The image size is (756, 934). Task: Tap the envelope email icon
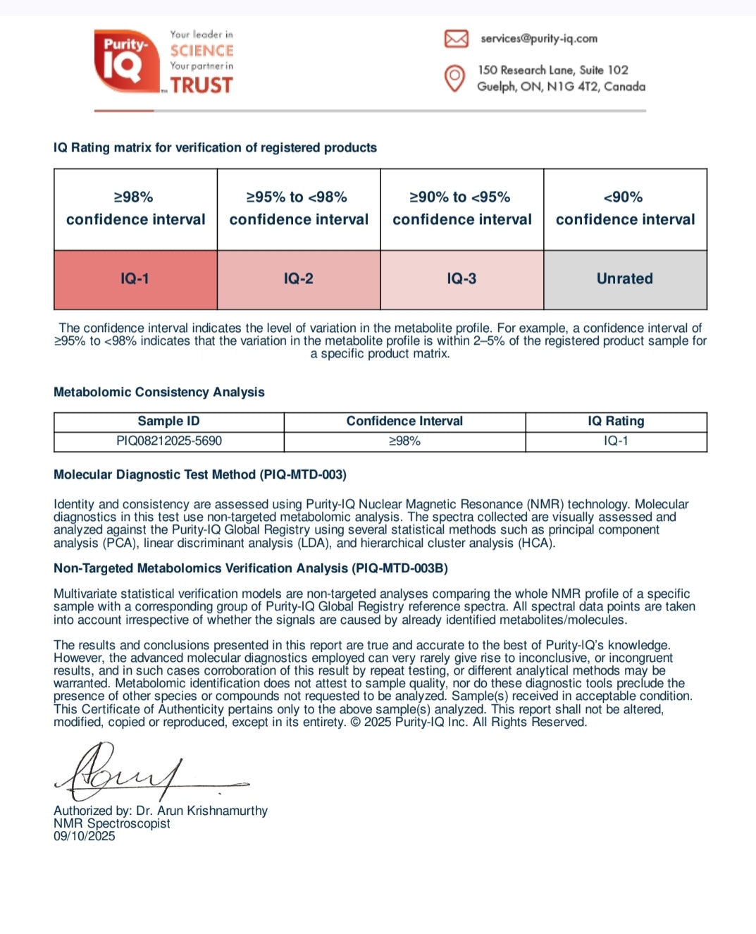click(456, 39)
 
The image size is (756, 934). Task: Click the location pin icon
click(455, 78)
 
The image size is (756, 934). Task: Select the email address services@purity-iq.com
click(539, 39)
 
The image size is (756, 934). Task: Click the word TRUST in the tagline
click(202, 85)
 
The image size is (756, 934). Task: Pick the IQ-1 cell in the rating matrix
click(135, 279)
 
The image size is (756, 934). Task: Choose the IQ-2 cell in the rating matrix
click(299, 279)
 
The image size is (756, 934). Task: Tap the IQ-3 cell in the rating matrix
click(461, 279)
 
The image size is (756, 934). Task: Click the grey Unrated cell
click(625, 279)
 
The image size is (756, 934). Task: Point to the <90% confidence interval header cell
click(625, 209)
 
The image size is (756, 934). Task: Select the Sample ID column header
click(168, 422)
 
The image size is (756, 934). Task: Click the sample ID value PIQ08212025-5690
click(168, 441)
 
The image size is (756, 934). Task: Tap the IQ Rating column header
click(616, 422)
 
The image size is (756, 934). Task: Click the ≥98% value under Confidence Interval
click(404, 441)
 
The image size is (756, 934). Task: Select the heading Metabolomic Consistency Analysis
click(159, 393)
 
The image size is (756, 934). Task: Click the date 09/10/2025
click(85, 837)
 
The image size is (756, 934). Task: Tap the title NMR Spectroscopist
click(112, 824)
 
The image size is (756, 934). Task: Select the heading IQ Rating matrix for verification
click(215, 148)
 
